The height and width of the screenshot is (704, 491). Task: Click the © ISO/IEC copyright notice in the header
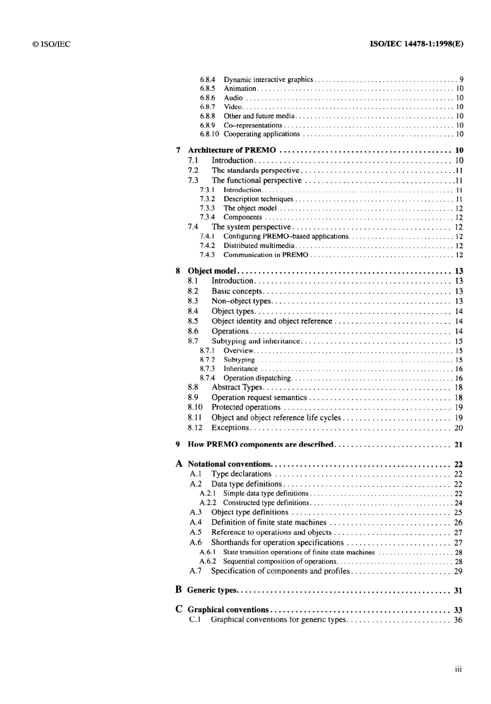click(51, 44)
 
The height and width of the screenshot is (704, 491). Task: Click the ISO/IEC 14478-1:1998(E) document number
click(417, 44)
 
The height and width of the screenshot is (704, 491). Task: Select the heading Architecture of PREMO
click(232, 150)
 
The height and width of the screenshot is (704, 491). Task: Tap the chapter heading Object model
click(212, 271)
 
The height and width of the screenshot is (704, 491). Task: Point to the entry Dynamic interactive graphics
click(268, 80)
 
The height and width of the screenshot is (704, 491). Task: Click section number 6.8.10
click(209, 134)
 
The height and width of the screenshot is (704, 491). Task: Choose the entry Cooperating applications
click(262, 134)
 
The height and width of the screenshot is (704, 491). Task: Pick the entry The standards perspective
click(255, 170)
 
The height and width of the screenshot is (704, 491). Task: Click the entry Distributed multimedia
click(259, 246)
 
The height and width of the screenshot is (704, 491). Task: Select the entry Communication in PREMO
click(266, 255)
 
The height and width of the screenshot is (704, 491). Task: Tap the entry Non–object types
click(241, 301)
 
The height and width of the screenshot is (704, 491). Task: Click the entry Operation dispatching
click(257, 378)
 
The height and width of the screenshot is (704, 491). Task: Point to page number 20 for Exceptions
click(458, 428)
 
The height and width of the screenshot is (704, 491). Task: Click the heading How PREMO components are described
click(261, 445)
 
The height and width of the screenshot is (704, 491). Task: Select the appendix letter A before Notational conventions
click(179, 464)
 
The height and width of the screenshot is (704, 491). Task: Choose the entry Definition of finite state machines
click(269, 522)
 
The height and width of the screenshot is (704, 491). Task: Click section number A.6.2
click(208, 561)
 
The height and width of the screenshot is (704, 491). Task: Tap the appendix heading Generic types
click(212, 590)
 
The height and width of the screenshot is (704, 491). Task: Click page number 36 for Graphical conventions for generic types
click(458, 620)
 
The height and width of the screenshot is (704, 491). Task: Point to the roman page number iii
click(458, 669)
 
